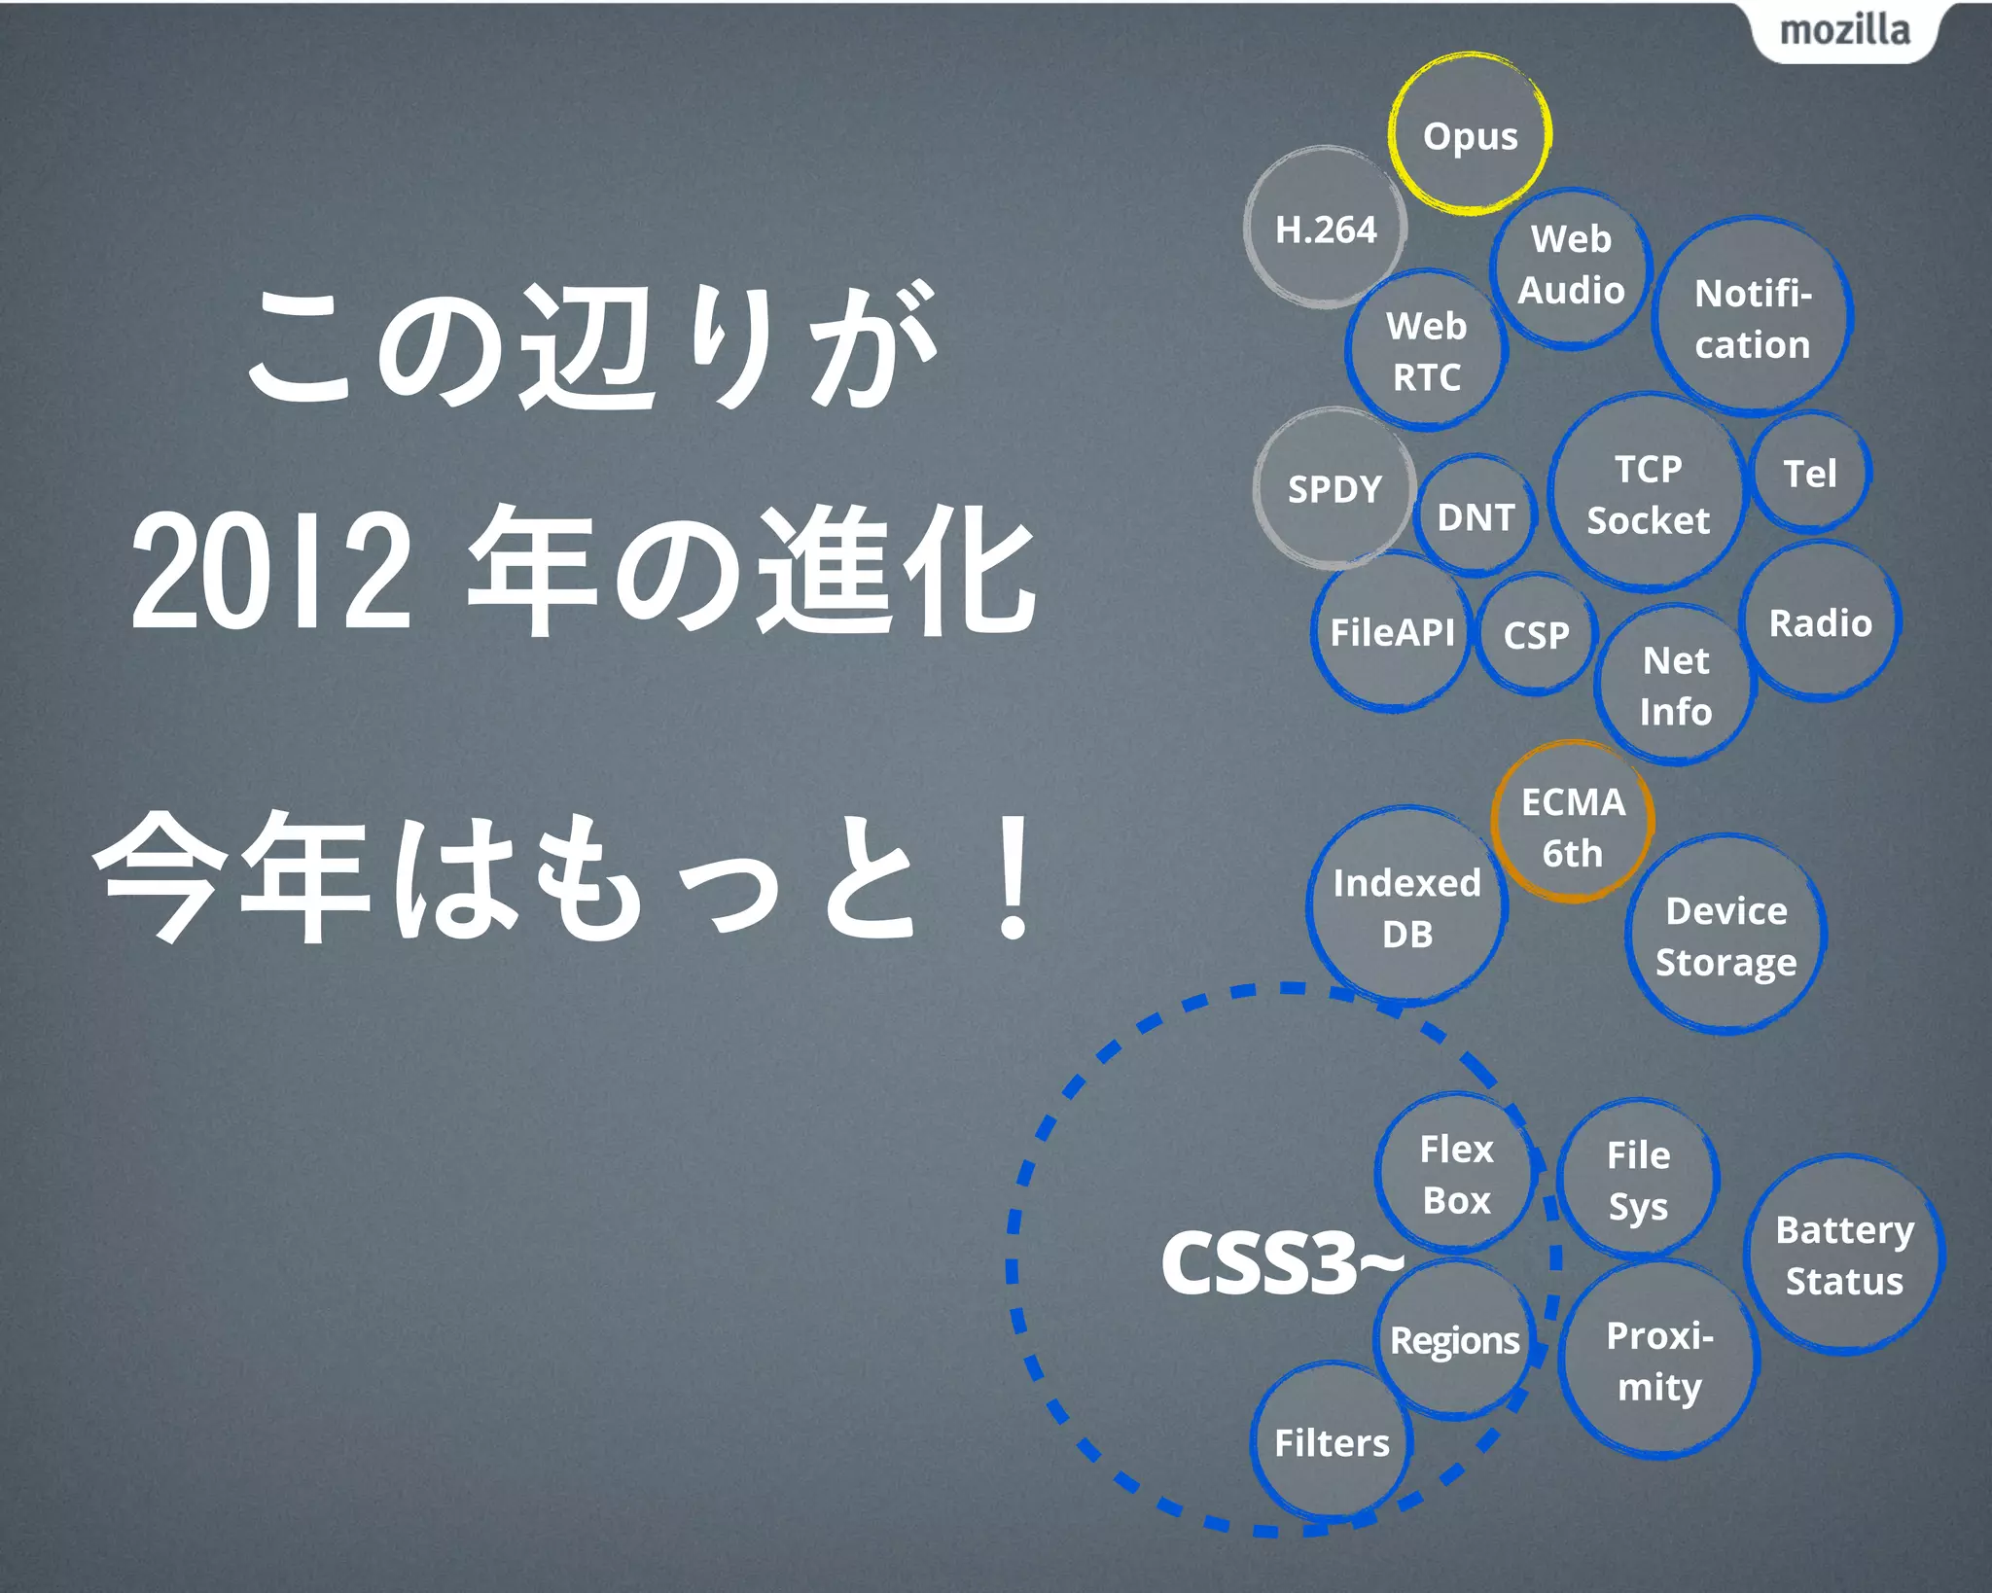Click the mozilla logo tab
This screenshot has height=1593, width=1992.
coord(1844,31)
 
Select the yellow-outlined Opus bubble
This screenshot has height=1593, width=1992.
coord(1470,135)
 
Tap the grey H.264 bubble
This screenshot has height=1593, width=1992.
coord(1326,229)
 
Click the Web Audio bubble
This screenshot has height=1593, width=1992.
coord(1571,265)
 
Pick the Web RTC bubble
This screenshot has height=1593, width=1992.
coord(1426,351)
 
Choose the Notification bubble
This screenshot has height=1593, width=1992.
coord(1753,319)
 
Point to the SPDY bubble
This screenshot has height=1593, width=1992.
coord(1334,488)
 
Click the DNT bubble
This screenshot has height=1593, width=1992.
coord(1476,516)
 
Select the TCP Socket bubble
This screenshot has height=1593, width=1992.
coord(1648,494)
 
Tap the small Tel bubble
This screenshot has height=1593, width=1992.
coord(1809,474)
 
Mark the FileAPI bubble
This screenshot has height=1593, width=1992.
coord(1392,632)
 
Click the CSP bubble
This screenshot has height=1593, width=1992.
coord(1536,635)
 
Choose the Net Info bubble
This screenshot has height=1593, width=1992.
coord(1675,686)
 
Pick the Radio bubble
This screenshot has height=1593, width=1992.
coord(1820,622)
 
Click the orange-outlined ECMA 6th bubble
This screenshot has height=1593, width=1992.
coord(1573,827)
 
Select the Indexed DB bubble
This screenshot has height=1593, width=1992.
coord(1406,907)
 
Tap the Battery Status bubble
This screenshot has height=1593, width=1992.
coord(1844,1255)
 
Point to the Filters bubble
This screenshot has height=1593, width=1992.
coord(1332,1442)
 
